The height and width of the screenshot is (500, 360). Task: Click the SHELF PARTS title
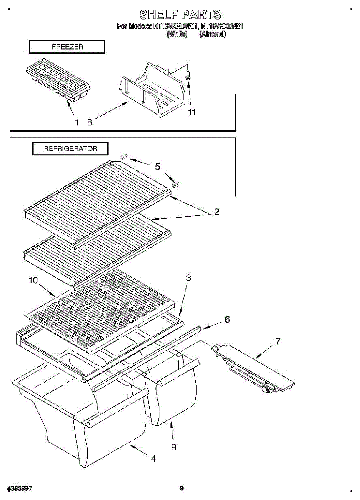click(180, 15)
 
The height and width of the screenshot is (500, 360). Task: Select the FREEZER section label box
click(67, 47)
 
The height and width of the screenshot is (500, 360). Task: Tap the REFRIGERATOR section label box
click(70, 149)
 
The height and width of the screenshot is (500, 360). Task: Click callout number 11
click(192, 112)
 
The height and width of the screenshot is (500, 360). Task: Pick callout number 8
click(89, 122)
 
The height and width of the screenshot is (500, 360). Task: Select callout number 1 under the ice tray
click(77, 122)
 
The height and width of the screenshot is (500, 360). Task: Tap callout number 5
click(157, 167)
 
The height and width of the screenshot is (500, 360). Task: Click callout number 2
click(216, 211)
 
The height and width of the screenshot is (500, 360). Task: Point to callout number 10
click(33, 280)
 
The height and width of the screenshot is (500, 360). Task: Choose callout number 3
click(188, 278)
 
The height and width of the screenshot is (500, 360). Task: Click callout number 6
click(227, 319)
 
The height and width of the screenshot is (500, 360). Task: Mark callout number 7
click(278, 342)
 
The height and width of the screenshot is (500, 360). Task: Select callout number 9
click(173, 447)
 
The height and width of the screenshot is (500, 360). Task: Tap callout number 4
click(153, 459)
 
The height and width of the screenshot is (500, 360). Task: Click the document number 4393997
click(20, 488)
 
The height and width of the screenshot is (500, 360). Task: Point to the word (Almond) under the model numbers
click(212, 35)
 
